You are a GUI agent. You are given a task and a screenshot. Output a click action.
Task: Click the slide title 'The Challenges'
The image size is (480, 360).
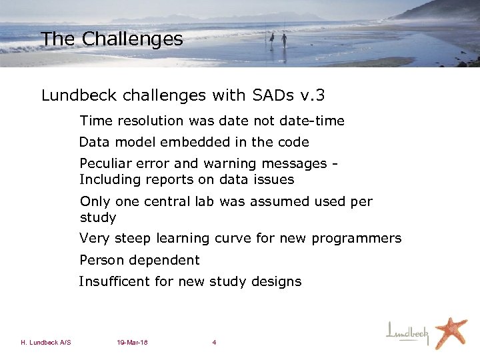(x=111, y=39)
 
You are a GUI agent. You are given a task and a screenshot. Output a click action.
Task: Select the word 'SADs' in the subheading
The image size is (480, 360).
(x=274, y=96)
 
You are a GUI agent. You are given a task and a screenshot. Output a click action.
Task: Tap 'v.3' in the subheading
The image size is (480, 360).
(x=312, y=96)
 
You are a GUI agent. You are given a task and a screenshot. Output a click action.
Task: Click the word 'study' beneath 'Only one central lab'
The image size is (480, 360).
(x=98, y=218)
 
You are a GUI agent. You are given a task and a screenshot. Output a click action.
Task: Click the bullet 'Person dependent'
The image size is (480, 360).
(x=139, y=260)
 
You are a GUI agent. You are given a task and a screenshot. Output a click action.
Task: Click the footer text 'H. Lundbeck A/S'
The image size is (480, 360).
(x=46, y=343)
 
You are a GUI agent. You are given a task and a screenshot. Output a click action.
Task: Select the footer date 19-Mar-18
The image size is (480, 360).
(x=132, y=343)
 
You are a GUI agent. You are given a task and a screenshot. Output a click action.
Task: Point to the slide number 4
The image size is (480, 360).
(x=214, y=343)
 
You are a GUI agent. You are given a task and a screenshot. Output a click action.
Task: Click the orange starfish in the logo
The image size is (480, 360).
(x=451, y=331)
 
